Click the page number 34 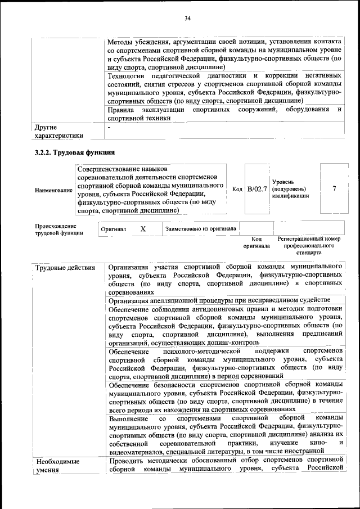tap(188, 19)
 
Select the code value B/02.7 tap(257, 189)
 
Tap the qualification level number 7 tap(335, 189)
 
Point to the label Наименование tap(53, 190)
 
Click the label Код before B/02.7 tap(237, 189)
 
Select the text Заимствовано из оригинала tap(201, 228)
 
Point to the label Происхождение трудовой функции tap(56, 229)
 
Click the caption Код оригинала tap(256, 242)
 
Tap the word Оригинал tap(113, 229)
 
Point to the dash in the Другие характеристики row tap(110, 127)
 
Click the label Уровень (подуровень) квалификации tap(290, 189)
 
